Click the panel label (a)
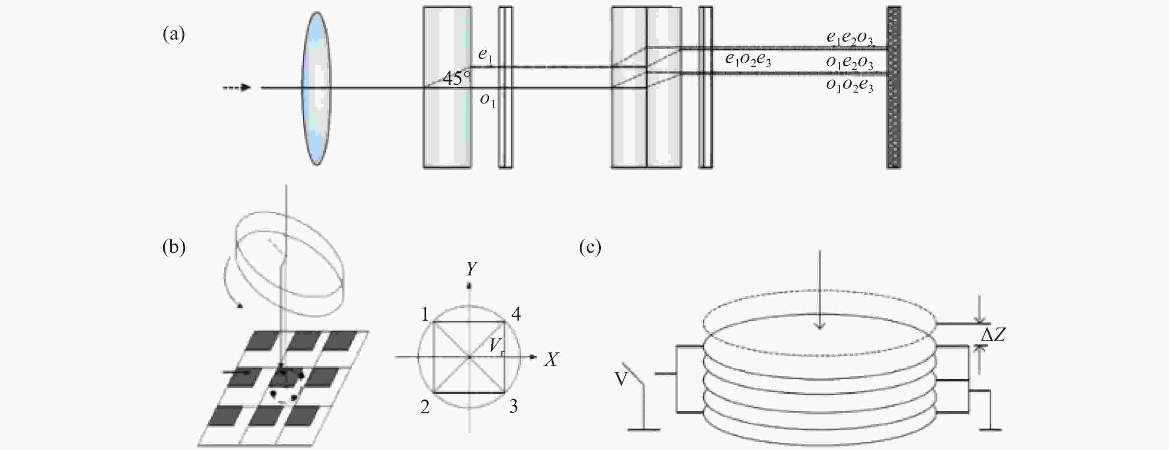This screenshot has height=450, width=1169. click(173, 34)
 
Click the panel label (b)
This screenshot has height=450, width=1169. click(174, 246)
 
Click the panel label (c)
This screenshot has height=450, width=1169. click(590, 246)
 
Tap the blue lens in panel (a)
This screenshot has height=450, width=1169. click(317, 88)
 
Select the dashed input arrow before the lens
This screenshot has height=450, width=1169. click(237, 87)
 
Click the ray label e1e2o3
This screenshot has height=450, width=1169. click(849, 39)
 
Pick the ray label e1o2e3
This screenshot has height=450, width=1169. click(748, 59)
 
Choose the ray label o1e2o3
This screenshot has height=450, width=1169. click(849, 63)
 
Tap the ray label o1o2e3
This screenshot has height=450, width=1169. click(849, 85)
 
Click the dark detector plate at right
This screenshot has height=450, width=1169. click(894, 87)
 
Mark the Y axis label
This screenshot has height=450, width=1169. click(472, 269)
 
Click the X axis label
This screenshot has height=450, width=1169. click(551, 359)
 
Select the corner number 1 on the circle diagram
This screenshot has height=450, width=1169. click(425, 314)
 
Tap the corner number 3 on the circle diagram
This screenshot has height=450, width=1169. click(513, 406)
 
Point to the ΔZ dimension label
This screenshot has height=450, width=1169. click(993, 335)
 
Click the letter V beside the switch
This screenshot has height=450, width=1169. click(621, 378)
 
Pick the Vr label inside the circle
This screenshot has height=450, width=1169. click(497, 347)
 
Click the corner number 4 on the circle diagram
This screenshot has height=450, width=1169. click(516, 314)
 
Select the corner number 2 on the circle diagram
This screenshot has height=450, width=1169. click(425, 407)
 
